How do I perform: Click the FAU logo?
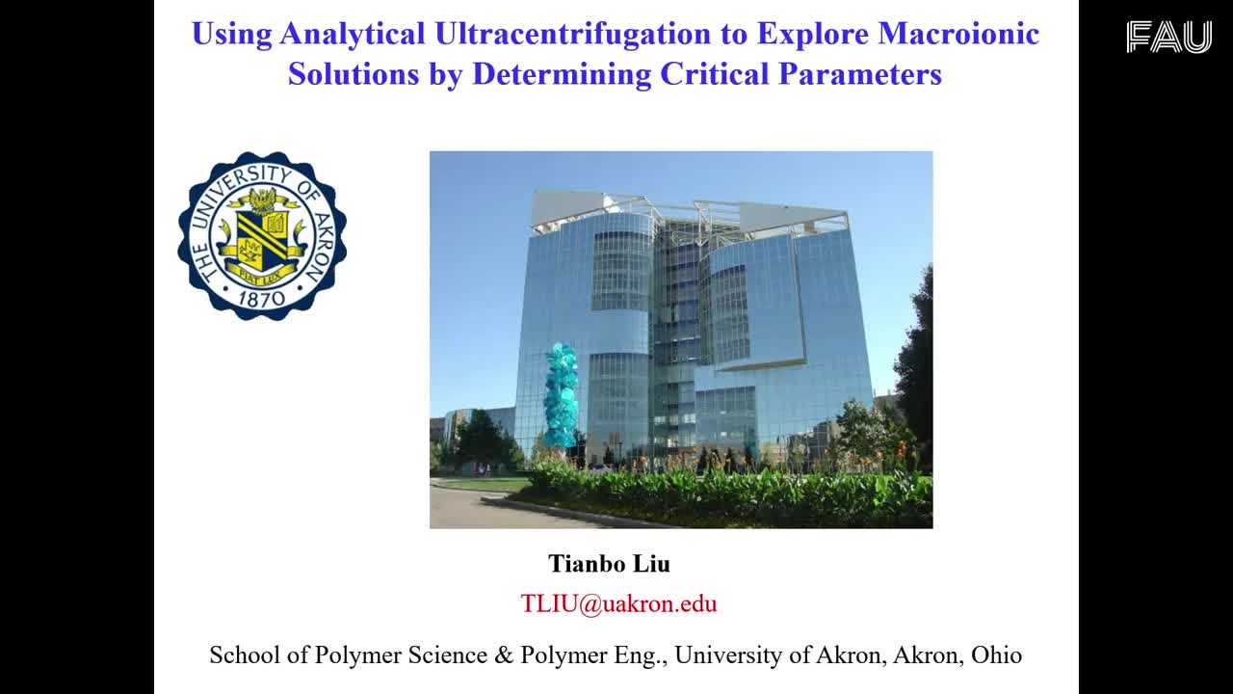coord(1168,37)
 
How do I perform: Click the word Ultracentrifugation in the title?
coord(572,33)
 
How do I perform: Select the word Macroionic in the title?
coord(958,33)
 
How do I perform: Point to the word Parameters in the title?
coord(860,73)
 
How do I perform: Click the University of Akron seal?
coord(262,236)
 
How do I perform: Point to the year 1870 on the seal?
coord(261,299)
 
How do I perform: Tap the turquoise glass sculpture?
coord(561,394)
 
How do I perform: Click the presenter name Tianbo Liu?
coord(609,564)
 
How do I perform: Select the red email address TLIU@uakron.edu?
coord(618,603)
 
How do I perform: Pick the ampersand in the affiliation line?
coord(504,654)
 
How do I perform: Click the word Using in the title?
coord(232,34)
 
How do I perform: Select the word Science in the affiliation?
coord(448,654)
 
